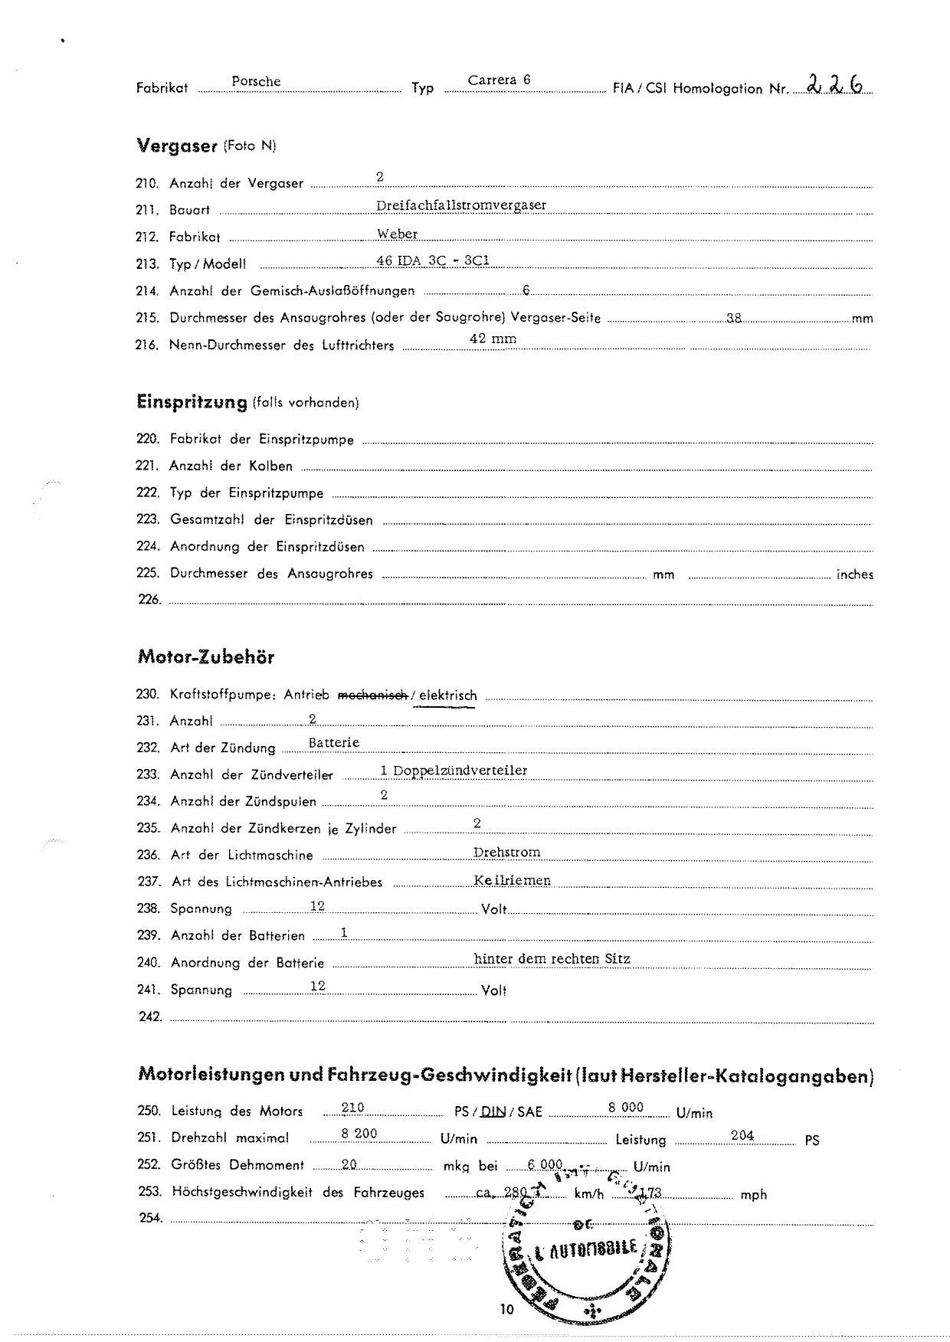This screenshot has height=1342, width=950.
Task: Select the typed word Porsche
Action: pyautogui.click(x=256, y=81)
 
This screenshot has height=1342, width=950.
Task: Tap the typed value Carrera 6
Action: pyautogui.click(x=499, y=80)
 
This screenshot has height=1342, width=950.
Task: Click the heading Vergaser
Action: pyautogui.click(x=177, y=145)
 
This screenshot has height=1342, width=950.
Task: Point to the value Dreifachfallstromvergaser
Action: pyautogui.click(x=461, y=205)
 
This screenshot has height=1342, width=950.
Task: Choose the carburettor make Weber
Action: pyautogui.click(x=397, y=234)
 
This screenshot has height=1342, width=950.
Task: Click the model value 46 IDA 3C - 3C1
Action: pyautogui.click(x=432, y=260)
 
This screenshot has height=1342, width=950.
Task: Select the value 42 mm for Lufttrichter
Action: pyautogui.click(x=493, y=339)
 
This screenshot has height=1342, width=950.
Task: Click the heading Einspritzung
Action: pyautogui.click(x=192, y=401)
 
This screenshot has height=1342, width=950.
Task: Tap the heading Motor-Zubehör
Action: pyautogui.click(x=205, y=656)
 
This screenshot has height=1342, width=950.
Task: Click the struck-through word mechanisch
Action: pyautogui.click(x=372, y=695)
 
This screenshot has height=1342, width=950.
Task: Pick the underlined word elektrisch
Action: pyautogui.click(x=447, y=696)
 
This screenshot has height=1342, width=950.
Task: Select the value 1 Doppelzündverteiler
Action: pyautogui.click(x=454, y=770)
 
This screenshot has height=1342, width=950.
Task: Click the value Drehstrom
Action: pyautogui.click(x=506, y=852)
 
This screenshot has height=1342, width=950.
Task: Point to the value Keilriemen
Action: pyautogui.click(x=512, y=880)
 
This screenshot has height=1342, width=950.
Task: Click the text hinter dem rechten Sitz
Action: pyautogui.click(x=552, y=958)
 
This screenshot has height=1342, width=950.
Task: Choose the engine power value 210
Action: pyautogui.click(x=352, y=1108)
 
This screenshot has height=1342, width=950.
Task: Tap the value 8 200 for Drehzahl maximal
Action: pyautogui.click(x=359, y=1134)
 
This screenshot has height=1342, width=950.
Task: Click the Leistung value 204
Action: pyautogui.click(x=742, y=1135)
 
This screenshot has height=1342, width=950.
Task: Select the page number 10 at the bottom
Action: pyautogui.click(x=506, y=1309)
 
